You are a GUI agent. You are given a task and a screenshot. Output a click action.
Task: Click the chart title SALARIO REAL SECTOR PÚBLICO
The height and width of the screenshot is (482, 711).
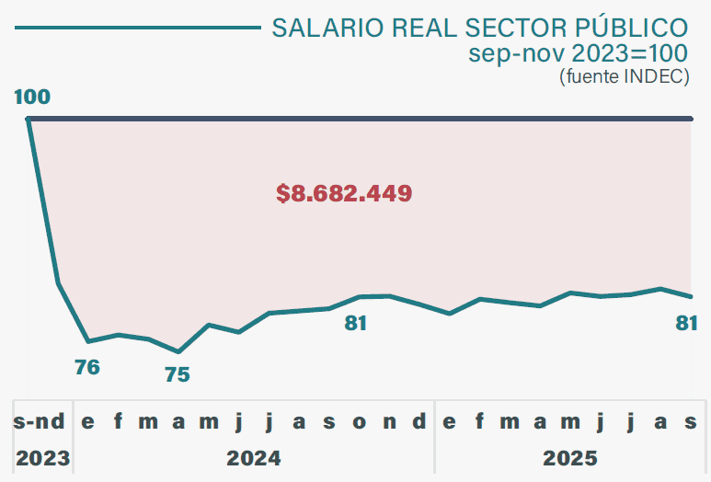pyautogui.click(x=479, y=27)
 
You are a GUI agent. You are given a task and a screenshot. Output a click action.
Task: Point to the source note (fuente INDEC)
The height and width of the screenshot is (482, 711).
pyautogui.click(x=624, y=76)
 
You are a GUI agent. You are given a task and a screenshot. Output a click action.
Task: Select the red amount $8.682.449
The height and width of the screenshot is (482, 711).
pyautogui.click(x=343, y=193)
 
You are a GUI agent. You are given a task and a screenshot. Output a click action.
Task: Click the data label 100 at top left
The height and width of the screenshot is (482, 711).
pyautogui.click(x=32, y=98)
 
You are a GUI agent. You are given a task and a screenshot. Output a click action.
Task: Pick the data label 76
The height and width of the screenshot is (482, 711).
pyautogui.click(x=87, y=368)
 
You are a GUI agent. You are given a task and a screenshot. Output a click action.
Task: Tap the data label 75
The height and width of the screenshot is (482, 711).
pyautogui.click(x=177, y=374)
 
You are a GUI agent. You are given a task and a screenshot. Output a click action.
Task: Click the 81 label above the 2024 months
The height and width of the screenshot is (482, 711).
pyautogui.click(x=355, y=323)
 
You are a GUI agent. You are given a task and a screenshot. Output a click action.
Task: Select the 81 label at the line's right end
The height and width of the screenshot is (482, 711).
pyautogui.click(x=686, y=323)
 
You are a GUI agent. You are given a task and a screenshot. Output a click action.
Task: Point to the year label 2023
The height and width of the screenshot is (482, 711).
pyautogui.click(x=41, y=457)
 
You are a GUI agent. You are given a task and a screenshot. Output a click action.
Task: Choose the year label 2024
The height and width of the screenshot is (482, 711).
pyautogui.click(x=253, y=457)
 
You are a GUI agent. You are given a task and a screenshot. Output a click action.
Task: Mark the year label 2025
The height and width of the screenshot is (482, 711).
pyautogui.click(x=569, y=457)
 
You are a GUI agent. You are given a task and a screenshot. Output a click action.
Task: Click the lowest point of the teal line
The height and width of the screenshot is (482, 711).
pyautogui.click(x=178, y=351)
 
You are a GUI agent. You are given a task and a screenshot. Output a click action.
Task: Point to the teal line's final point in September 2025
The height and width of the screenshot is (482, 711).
pyautogui.click(x=691, y=296)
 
